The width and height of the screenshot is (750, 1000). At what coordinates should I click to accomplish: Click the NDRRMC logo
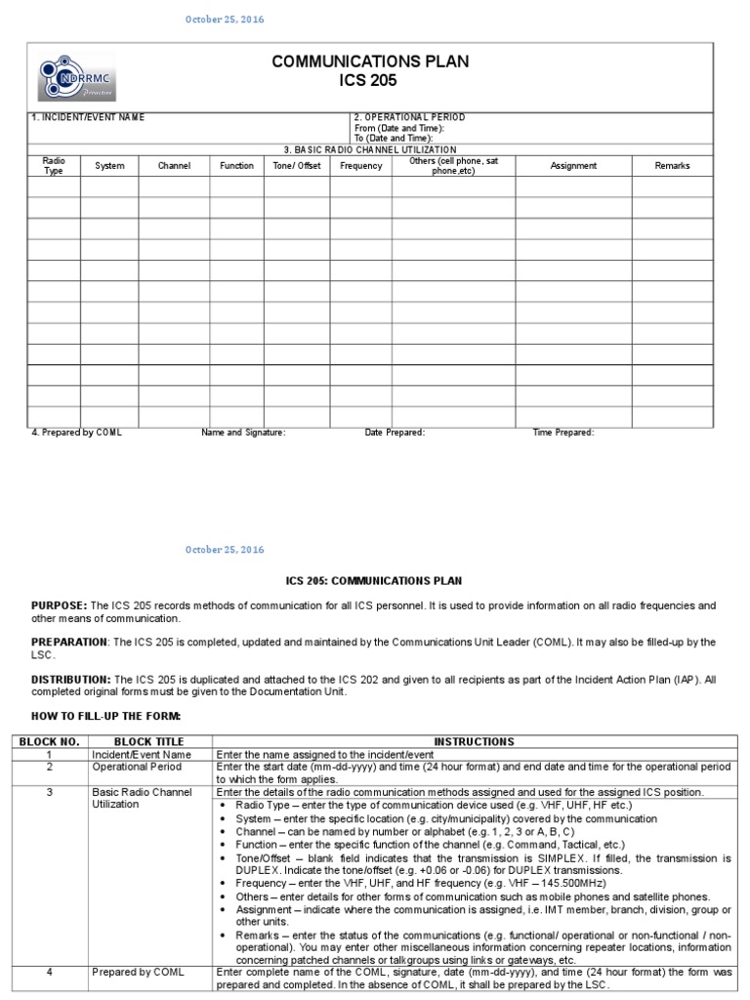pyautogui.click(x=77, y=77)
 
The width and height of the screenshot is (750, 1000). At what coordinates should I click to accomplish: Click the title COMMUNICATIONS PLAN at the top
pyautogui.click(x=370, y=62)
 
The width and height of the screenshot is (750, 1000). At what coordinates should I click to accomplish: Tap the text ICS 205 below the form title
pyautogui.click(x=370, y=80)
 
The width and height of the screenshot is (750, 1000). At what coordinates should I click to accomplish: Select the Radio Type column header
pyautogui.click(x=53, y=165)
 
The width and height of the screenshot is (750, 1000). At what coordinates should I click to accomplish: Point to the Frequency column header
pyautogui.click(x=360, y=166)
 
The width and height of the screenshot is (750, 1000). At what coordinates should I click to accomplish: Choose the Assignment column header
pyautogui.click(x=573, y=166)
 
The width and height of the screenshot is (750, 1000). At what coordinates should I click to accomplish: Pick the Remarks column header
pyautogui.click(x=672, y=166)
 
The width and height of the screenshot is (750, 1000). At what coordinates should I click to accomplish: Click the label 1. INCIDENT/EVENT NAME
pyautogui.click(x=89, y=117)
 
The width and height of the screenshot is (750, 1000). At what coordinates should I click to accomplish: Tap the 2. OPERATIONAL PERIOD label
pyautogui.click(x=409, y=117)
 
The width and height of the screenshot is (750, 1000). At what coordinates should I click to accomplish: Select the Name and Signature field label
pyautogui.click(x=243, y=433)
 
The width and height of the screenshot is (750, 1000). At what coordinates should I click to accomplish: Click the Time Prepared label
pyautogui.click(x=563, y=433)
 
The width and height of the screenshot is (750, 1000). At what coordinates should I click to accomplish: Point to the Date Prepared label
pyautogui.click(x=395, y=433)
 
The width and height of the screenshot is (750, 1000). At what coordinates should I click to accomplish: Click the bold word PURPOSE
pyautogui.click(x=59, y=606)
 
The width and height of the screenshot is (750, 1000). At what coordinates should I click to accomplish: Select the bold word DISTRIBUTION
pyautogui.click(x=70, y=679)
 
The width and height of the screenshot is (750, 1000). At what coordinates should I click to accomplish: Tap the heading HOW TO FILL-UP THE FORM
pyautogui.click(x=106, y=717)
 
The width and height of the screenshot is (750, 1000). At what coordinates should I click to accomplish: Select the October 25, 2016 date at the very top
pyautogui.click(x=225, y=20)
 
